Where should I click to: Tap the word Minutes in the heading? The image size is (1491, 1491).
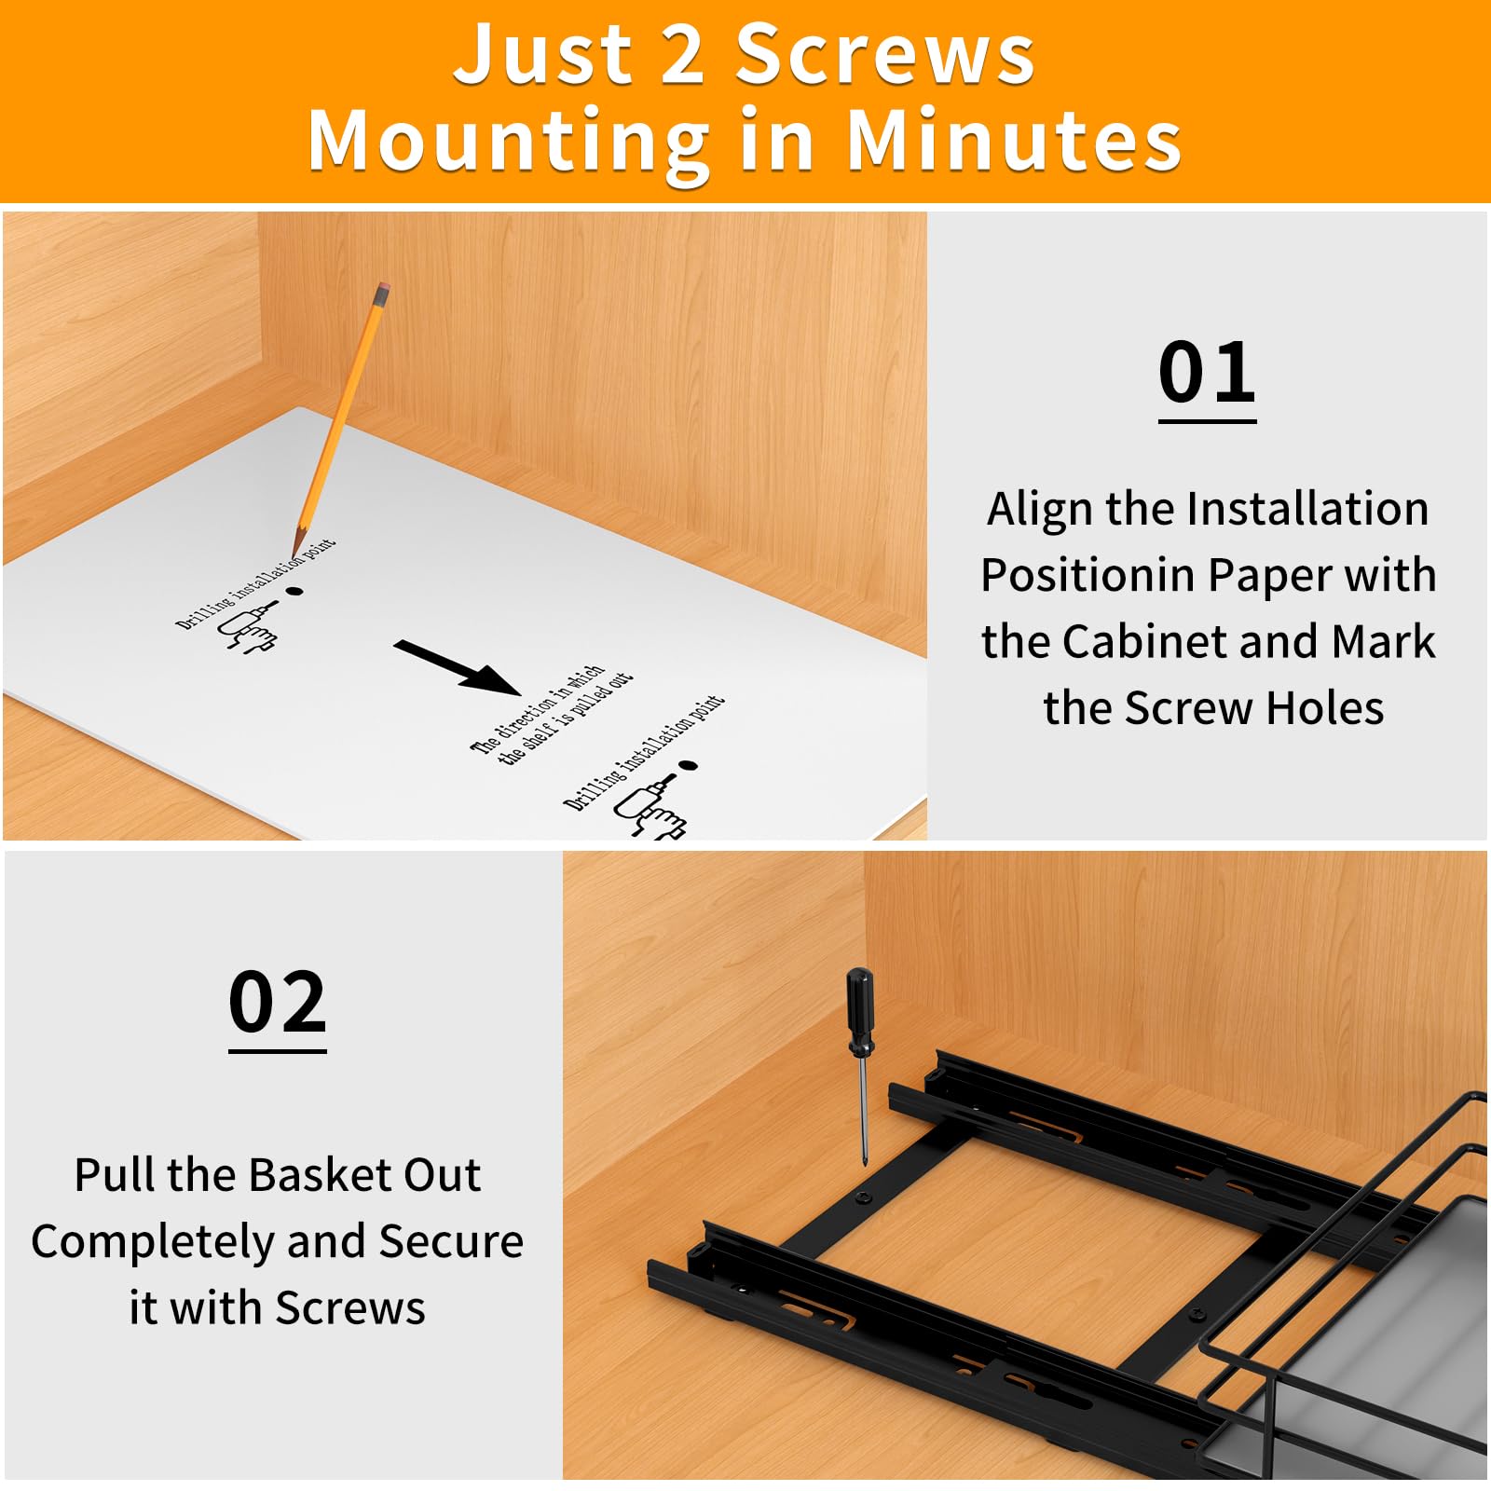[x=1015, y=141]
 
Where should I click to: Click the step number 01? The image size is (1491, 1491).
[x=1207, y=373]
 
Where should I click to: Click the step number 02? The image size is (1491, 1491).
[x=278, y=1003]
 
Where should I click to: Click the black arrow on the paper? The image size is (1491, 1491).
[x=457, y=667]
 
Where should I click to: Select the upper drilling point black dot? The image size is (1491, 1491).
[x=294, y=591]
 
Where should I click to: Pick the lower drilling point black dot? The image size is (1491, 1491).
[x=688, y=766]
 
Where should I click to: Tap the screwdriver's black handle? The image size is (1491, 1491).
[x=859, y=1012]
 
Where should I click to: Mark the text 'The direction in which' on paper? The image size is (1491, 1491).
[x=537, y=708]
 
